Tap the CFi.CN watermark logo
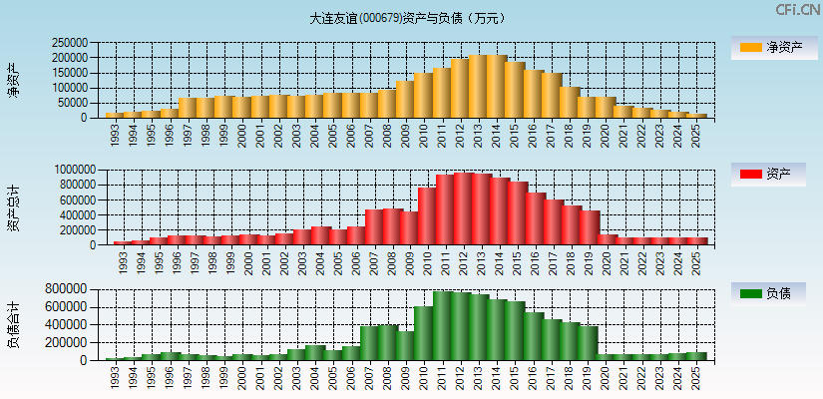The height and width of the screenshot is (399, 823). pos(797,10)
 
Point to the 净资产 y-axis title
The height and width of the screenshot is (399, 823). pos(13,80)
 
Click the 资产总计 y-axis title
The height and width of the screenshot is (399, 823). pos(13,207)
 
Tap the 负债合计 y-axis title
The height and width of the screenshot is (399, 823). pos(13,324)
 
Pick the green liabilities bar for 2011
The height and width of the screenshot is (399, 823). pos(442,325)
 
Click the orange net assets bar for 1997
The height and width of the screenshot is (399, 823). pos(188,108)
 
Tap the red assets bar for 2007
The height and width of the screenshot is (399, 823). pos(369,227)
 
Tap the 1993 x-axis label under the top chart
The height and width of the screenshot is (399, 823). pos(116,134)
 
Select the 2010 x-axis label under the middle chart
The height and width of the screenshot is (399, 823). pos(425,261)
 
